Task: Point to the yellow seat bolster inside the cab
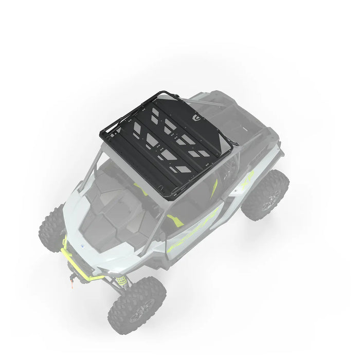point(175,221)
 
